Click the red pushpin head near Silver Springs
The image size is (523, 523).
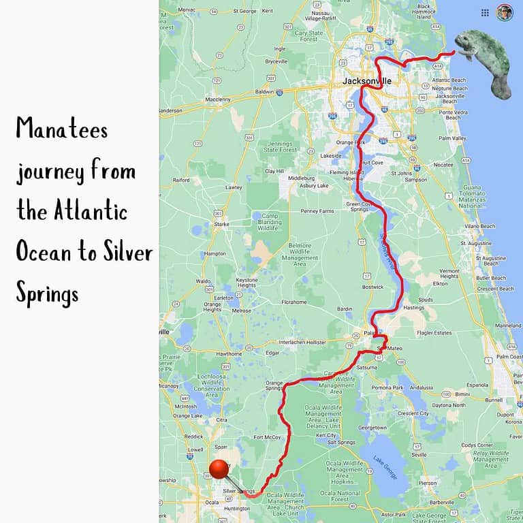219,469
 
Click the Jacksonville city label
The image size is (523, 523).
367,81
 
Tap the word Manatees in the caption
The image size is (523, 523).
62,129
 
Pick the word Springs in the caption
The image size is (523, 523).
48,294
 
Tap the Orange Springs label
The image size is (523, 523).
274,385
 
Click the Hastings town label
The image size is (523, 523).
413,308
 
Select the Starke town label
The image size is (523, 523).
221,223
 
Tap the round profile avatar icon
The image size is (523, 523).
504,12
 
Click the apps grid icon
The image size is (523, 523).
485,12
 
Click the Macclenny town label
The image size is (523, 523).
218,99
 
